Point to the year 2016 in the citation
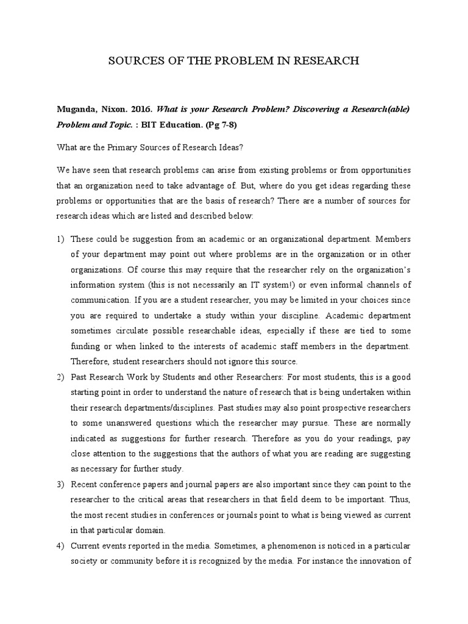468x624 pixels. pyautogui.click(x=141, y=110)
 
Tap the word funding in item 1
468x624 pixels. pyautogui.click(x=88, y=346)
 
